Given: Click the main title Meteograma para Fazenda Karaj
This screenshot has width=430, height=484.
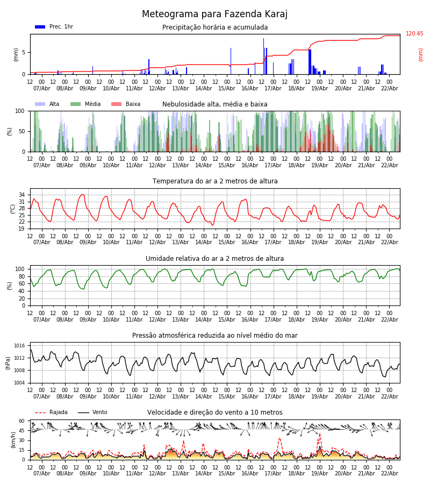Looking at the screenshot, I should [214, 15].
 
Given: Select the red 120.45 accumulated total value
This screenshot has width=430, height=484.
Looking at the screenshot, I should [414, 34].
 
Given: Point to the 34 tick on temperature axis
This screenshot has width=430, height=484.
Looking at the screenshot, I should [21, 195].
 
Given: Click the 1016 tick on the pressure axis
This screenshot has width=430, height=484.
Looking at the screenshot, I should [19, 346].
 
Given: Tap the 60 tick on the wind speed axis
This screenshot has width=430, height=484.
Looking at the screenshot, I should [21, 421].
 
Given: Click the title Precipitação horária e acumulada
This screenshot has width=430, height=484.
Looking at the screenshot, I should [215, 27].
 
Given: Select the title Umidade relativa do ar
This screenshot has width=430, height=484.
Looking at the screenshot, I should [215, 259].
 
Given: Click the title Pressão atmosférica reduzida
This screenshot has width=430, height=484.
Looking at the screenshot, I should [215, 336].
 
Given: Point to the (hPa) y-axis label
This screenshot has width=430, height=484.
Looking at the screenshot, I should [9, 362].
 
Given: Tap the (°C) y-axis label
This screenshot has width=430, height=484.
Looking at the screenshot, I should [13, 208].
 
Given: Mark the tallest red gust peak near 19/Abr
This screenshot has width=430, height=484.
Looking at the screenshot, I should [319, 433].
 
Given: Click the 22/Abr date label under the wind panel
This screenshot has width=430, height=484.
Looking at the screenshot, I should [389, 473].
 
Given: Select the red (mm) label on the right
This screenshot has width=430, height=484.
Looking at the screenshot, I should [421, 54].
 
